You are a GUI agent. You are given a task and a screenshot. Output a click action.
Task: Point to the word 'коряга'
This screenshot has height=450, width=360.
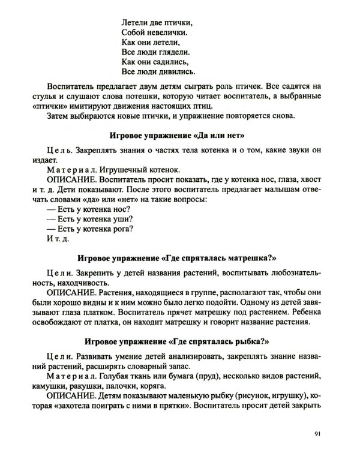coord(167,388)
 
